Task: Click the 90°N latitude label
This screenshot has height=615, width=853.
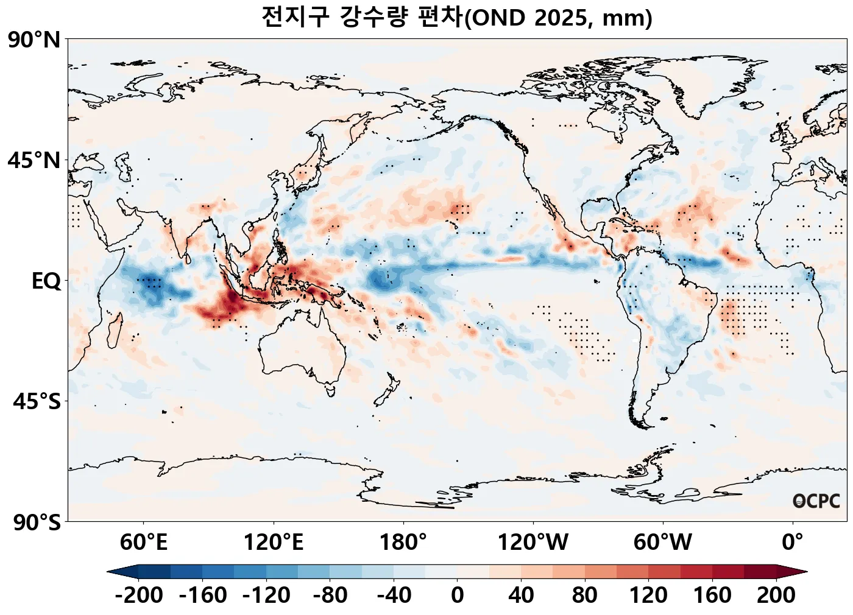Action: coord(34,40)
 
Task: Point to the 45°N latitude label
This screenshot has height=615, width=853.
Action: coord(34,161)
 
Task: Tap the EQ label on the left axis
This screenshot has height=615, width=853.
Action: coord(46,281)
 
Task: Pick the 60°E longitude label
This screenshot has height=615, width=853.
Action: coord(143,541)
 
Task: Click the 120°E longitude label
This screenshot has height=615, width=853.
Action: coord(274,541)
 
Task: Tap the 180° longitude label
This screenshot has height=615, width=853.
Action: coord(403,541)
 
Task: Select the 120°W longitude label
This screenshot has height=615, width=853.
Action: coord(533,541)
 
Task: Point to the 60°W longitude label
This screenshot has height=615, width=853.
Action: coord(663,541)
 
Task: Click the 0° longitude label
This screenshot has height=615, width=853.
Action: coord(793,541)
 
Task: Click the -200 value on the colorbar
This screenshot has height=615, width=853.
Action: coord(139,595)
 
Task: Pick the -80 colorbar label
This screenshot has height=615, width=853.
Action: coord(330,595)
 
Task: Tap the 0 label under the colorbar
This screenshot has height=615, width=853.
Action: coord(458,595)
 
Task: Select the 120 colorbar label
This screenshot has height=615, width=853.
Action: coord(648,595)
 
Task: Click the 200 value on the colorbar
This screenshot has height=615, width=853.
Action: coord(776,595)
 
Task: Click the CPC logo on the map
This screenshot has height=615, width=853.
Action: coord(816,501)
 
